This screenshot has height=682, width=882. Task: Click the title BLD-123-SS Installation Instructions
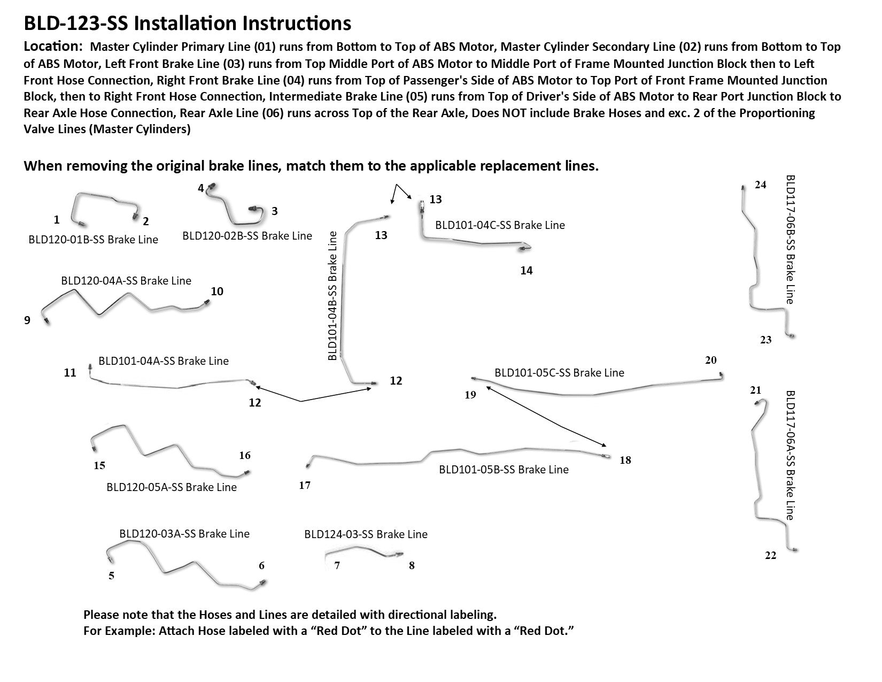click(x=187, y=24)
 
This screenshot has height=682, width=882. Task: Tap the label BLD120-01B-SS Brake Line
click(x=94, y=239)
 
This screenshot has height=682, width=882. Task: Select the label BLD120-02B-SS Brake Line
click(x=247, y=235)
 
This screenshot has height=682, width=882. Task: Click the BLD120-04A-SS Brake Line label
click(x=126, y=280)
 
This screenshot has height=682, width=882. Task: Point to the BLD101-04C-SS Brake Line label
click(x=500, y=225)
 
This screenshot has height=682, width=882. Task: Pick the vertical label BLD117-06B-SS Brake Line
click(x=790, y=239)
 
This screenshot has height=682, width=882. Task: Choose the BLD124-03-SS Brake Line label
click(x=366, y=534)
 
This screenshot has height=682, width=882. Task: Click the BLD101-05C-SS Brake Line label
click(x=559, y=372)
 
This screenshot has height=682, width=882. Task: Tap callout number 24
click(x=760, y=185)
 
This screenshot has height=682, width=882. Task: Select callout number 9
click(x=27, y=320)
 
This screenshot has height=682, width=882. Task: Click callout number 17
click(x=305, y=485)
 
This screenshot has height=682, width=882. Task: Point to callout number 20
click(x=710, y=360)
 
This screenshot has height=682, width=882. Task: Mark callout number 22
click(x=770, y=556)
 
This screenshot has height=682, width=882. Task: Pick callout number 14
click(x=527, y=271)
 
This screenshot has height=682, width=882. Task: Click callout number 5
click(x=111, y=576)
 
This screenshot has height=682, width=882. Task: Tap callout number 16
click(x=245, y=456)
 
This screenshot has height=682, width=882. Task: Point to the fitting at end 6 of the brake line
click(x=261, y=582)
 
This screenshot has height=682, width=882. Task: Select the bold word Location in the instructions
click(x=52, y=46)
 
